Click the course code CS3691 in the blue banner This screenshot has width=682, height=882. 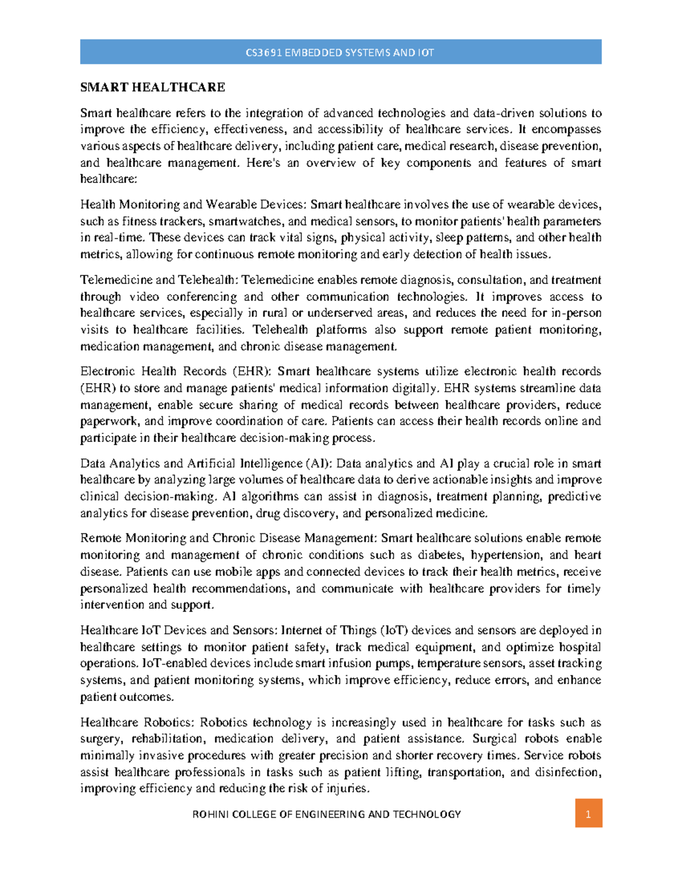pyautogui.click(x=264, y=53)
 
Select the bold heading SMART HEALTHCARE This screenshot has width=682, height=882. pyautogui.click(x=153, y=87)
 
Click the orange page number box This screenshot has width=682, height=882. pyautogui.click(x=588, y=814)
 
